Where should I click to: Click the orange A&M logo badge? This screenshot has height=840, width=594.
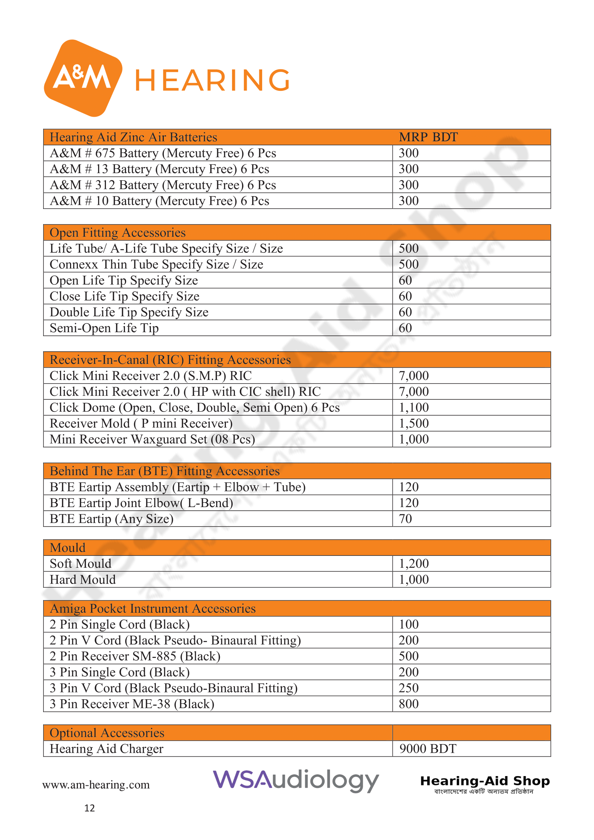(x=83, y=78)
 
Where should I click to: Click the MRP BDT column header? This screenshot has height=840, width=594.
(x=428, y=137)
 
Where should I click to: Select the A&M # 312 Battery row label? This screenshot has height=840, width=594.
(x=163, y=185)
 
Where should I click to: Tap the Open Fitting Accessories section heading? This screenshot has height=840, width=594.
(x=117, y=233)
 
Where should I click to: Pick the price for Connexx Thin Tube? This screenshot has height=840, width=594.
(x=408, y=265)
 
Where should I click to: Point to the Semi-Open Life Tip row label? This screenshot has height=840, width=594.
(x=104, y=328)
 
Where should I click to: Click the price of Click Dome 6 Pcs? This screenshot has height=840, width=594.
(x=413, y=408)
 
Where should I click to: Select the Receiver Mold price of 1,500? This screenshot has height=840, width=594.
(x=413, y=424)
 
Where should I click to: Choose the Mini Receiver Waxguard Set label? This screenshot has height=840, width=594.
(x=152, y=439)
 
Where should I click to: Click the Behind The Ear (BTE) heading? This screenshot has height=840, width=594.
(x=164, y=471)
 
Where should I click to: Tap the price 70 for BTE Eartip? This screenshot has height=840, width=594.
(x=405, y=519)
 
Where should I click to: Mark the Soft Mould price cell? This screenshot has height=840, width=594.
(x=413, y=564)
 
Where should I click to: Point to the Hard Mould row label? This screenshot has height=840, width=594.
(x=83, y=580)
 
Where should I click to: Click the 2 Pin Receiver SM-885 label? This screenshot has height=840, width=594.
(x=135, y=656)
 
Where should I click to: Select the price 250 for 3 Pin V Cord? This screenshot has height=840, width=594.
(x=408, y=688)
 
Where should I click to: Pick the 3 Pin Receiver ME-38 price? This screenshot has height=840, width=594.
(x=408, y=704)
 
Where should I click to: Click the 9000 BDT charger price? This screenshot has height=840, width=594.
(x=427, y=749)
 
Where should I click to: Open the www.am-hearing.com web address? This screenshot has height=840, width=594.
(x=96, y=785)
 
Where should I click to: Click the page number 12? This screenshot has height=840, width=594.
(x=89, y=808)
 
